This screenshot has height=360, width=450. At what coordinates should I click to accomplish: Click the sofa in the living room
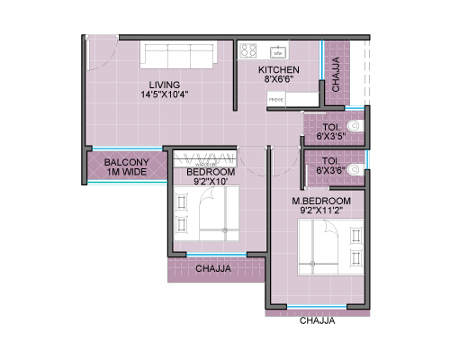pos(179,55)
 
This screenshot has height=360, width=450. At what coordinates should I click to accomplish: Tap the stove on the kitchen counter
pos(248,50)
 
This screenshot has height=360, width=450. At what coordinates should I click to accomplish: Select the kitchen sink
pos(278,52)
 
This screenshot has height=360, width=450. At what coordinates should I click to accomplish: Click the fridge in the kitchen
pos(276,99)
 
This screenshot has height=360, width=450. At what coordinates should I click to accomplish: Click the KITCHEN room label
pos(279,70)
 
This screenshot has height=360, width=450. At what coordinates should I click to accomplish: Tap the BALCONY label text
pos(126,162)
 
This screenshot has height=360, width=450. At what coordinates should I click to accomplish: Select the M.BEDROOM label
pos(321,201)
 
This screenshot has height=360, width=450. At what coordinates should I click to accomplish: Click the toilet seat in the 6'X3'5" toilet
pos(355,126)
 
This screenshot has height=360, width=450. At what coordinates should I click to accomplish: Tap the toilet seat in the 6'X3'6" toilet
pos(355,169)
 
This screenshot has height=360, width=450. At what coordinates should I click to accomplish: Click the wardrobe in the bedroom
pos(205,159)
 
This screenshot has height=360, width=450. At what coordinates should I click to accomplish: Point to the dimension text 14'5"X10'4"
pos(165,94)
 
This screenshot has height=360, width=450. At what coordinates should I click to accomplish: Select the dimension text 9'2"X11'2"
pos(321,211)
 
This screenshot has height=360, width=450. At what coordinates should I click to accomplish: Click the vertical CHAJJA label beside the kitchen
pos(336,74)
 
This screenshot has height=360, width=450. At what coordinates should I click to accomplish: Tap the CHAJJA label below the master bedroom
pos(317,320)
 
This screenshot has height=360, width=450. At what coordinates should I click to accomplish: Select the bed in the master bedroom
pos(331,247)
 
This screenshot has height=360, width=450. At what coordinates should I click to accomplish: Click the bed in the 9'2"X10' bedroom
pos(207,213)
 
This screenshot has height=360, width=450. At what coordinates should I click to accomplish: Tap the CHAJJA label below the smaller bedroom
pos(213,268)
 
